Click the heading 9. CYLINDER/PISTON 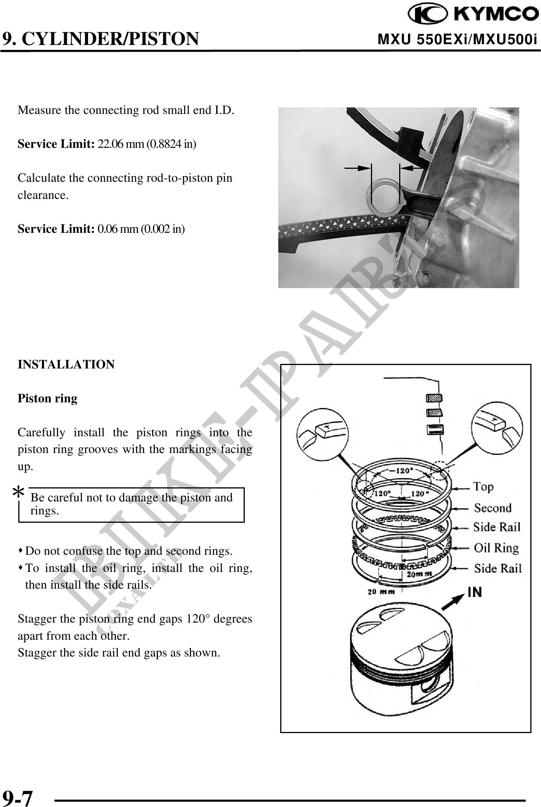[100, 38]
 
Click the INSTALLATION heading [66, 364]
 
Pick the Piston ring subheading [48, 399]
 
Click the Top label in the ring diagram [483, 487]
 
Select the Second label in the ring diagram [493, 508]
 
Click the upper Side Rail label [496, 527]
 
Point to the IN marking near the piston [475, 592]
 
